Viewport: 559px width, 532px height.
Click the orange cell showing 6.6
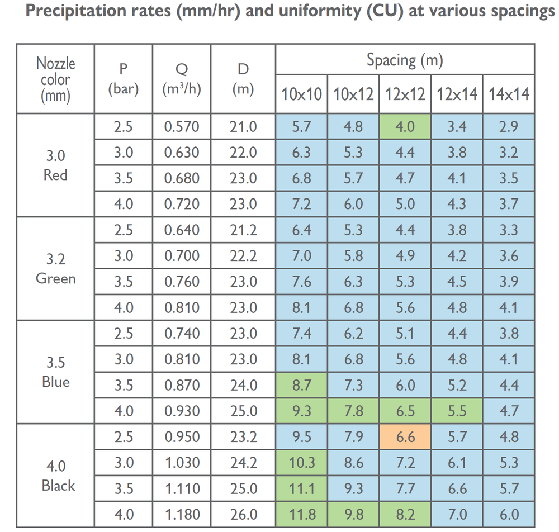405,436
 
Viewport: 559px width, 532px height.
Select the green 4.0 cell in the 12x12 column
405,126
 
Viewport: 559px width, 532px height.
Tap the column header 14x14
508,94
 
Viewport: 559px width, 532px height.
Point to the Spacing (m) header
405,60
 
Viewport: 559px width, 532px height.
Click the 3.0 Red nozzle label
55,165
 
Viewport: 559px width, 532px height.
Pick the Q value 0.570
182,127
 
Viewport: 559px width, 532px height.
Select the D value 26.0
244,515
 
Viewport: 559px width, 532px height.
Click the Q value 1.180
182,515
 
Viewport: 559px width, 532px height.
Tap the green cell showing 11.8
302,515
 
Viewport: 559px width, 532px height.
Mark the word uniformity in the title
319,11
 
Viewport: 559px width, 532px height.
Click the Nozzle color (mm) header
55,79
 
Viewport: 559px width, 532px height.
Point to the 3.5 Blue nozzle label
55,372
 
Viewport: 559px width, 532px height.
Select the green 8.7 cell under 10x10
302,385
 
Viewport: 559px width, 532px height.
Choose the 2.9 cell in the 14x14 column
508,126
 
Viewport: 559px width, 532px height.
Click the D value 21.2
243,230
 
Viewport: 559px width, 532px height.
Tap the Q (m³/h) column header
182,79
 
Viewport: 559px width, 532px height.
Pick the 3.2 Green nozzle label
55,269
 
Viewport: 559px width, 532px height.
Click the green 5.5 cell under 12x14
457,411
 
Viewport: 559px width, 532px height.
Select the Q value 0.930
182,411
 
